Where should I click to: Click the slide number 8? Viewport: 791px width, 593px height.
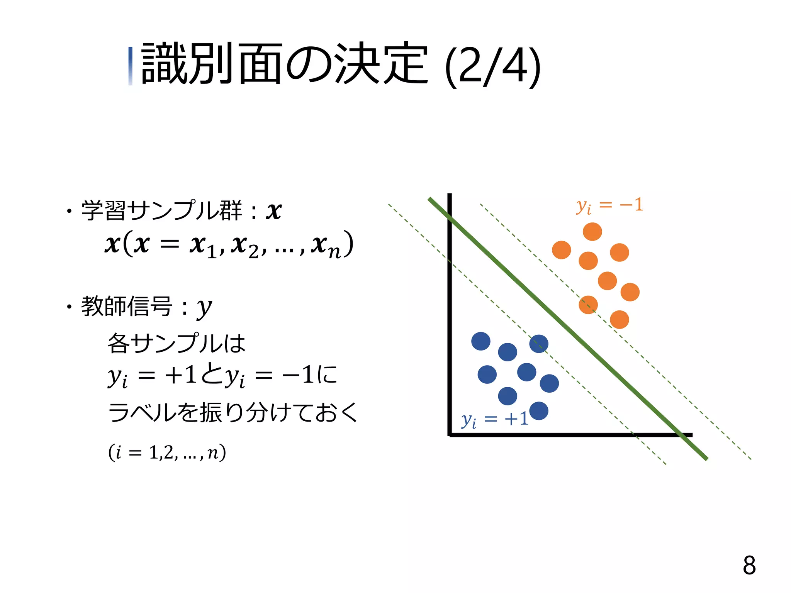(x=749, y=566)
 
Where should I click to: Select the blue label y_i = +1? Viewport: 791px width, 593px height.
(x=495, y=419)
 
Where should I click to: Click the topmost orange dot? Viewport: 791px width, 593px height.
(x=592, y=232)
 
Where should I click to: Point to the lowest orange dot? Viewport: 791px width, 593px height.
(x=620, y=319)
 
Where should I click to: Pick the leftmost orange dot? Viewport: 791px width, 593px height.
(x=561, y=250)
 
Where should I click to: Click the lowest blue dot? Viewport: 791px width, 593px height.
(x=539, y=411)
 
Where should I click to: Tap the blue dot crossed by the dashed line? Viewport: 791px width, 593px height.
(x=538, y=344)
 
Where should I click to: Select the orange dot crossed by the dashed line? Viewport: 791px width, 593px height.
(x=588, y=305)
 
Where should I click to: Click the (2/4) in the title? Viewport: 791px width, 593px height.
(x=493, y=66)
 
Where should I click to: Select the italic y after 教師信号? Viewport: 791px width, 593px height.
(x=204, y=308)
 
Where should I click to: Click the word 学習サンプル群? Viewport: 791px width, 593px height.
(x=161, y=211)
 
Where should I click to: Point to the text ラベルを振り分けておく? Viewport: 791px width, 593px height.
(x=233, y=412)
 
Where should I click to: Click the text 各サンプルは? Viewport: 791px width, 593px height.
(x=176, y=343)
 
